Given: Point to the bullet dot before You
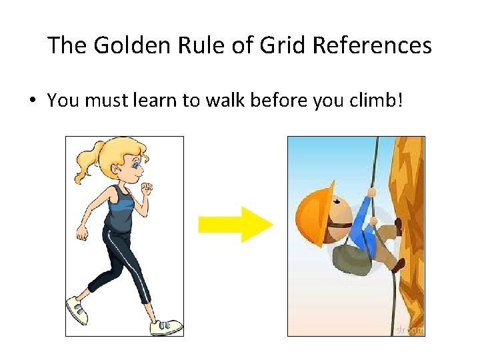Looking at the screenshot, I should [x=32, y=101].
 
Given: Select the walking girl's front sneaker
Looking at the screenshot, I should [x=165, y=327].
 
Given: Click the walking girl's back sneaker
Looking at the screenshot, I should [x=77, y=311].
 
